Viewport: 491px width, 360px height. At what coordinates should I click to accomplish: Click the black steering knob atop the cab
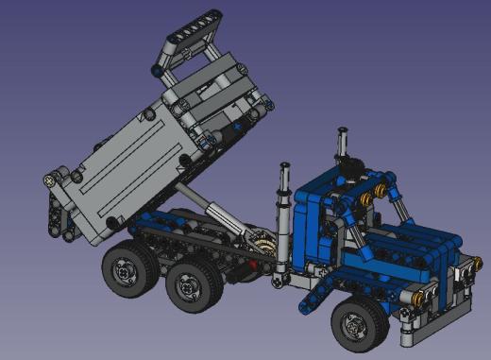(352, 167)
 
